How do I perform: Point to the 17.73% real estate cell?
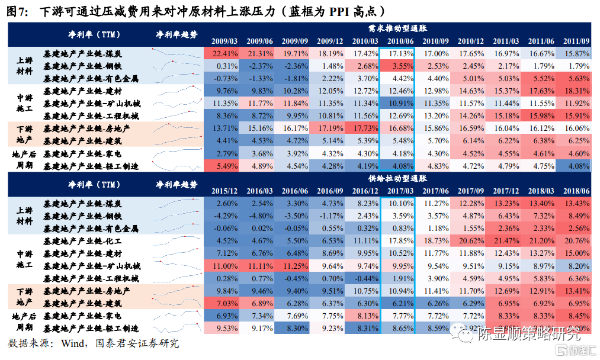coord(362,128)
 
